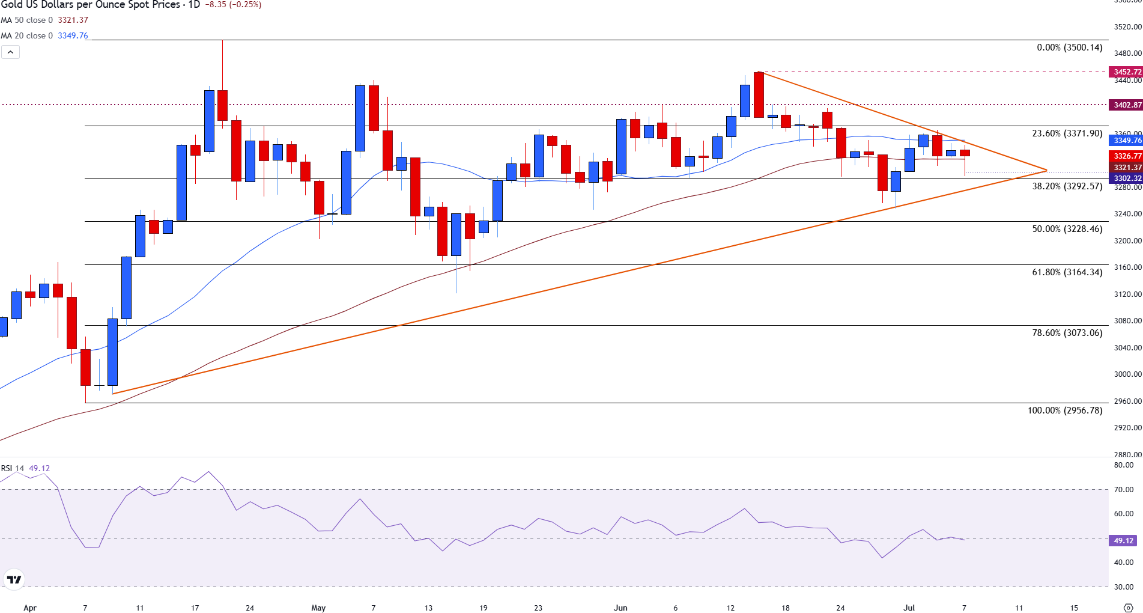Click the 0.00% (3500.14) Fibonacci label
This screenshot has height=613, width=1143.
click(x=1069, y=47)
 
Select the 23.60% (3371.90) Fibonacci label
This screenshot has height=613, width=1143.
click(x=1067, y=133)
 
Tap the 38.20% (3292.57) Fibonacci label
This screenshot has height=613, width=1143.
click(x=1067, y=186)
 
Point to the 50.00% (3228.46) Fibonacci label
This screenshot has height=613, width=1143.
click(x=1067, y=229)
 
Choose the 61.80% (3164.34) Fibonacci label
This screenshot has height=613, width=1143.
click(x=1067, y=272)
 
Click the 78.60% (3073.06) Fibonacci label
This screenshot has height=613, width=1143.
click(x=1067, y=333)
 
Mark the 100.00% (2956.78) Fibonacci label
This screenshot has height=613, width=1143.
click(x=1064, y=410)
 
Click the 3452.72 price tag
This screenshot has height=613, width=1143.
click(x=1127, y=72)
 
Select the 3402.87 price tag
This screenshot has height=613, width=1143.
click(x=1127, y=105)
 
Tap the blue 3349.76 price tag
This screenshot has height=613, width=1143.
click(x=1127, y=141)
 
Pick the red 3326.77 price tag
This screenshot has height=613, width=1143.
click(x=1127, y=156)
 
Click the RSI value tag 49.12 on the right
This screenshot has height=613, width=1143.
click(x=1123, y=541)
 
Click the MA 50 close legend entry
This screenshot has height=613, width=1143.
click(x=44, y=20)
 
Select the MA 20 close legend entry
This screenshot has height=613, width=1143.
click(x=44, y=35)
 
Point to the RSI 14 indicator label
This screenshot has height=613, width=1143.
click(x=13, y=468)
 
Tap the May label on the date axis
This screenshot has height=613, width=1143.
click(x=318, y=608)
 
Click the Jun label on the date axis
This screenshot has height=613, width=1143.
click(x=620, y=608)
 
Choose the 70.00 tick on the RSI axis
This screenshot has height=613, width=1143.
click(x=1123, y=490)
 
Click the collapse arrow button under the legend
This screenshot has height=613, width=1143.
click(x=10, y=52)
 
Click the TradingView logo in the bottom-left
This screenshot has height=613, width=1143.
click(x=14, y=579)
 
